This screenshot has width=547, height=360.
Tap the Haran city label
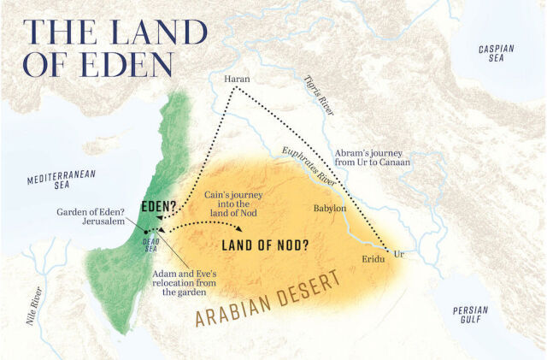[236, 80]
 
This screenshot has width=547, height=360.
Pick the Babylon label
[328, 208]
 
